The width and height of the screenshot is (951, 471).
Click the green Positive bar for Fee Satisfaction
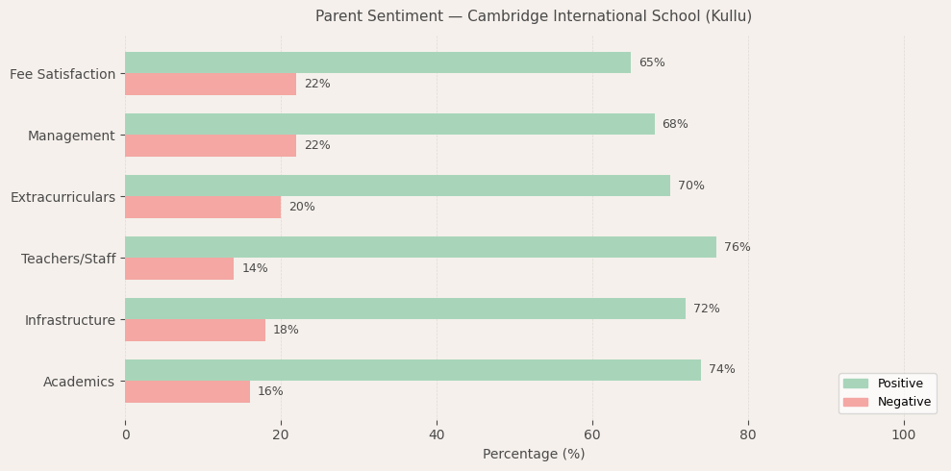click(x=378, y=62)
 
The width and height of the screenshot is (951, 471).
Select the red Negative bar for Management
click(x=211, y=145)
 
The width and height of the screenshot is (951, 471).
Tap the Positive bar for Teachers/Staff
click(x=420, y=247)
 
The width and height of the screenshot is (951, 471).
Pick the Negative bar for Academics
click(x=188, y=391)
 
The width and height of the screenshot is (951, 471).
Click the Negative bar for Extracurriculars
click(x=203, y=207)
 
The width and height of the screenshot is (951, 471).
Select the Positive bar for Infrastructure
click(x=405, y=309)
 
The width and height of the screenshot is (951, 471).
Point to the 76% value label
click(x=737, y=247)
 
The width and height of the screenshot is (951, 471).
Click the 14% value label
click(x=255, y=268)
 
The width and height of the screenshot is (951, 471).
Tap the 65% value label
click(x=652, y=62)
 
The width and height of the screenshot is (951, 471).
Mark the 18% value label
click(x=286, y=330)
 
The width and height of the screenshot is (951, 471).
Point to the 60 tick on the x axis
click(x=592, y=434)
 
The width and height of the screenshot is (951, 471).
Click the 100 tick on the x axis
click(x=904, y=434)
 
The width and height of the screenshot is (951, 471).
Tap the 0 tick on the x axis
click(x=125, y=434)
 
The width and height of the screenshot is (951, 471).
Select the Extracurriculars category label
click(x=63, y=197)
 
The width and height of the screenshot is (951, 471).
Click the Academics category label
click(x=79, y=382)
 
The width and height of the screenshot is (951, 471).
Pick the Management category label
click(x=71, y=136)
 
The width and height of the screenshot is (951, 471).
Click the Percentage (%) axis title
click(x=534, y=454)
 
